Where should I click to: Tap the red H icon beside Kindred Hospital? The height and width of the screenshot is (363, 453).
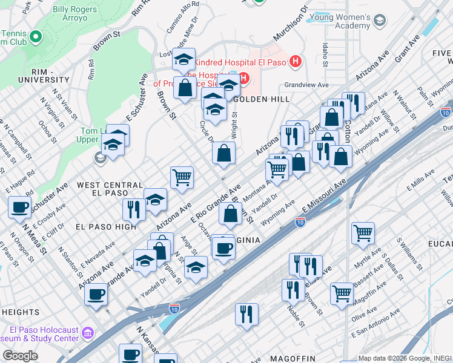[295, 61]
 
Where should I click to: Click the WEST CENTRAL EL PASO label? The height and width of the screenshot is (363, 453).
[110, 189]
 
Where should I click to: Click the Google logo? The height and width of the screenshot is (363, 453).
[20, 356]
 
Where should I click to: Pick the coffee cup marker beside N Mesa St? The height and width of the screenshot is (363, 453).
[20, 208]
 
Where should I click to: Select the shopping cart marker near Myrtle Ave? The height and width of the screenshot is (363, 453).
[363, 233]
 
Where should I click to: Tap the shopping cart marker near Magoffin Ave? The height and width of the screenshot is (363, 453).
[342, 294]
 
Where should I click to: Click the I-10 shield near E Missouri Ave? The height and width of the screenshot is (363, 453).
[300, 222]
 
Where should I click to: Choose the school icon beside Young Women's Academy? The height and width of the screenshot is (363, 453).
[380, 21]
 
